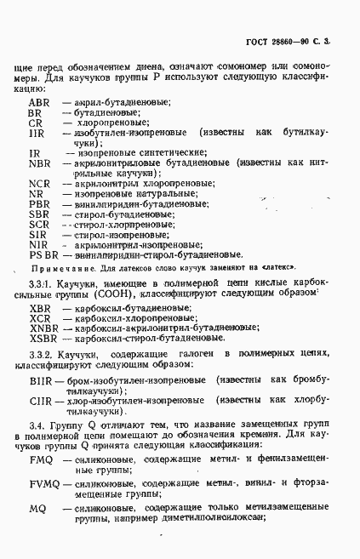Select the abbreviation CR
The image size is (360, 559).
pyautogui.click(x=36, y=123)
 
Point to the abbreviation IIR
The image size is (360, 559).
pyautogui.click(x=37, y=134)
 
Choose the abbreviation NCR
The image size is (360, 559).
pyautogui.click(x=39, y=183)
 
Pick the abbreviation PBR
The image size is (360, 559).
pyautogui.click(x=39, y=203)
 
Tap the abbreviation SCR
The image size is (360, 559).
pyautogui.click(x=39, y=224)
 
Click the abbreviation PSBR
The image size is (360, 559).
pyautogui.click(x=43, y=254)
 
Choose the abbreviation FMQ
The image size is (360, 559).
pyautogui.click(x=41, y=460)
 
